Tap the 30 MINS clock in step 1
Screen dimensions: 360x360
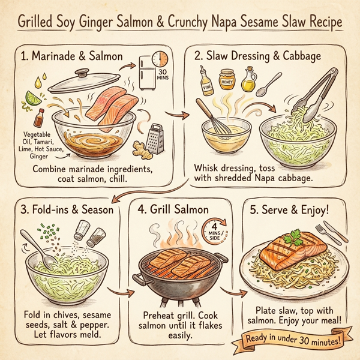(160, 59)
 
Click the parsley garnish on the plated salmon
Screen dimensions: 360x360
(295, 239)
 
